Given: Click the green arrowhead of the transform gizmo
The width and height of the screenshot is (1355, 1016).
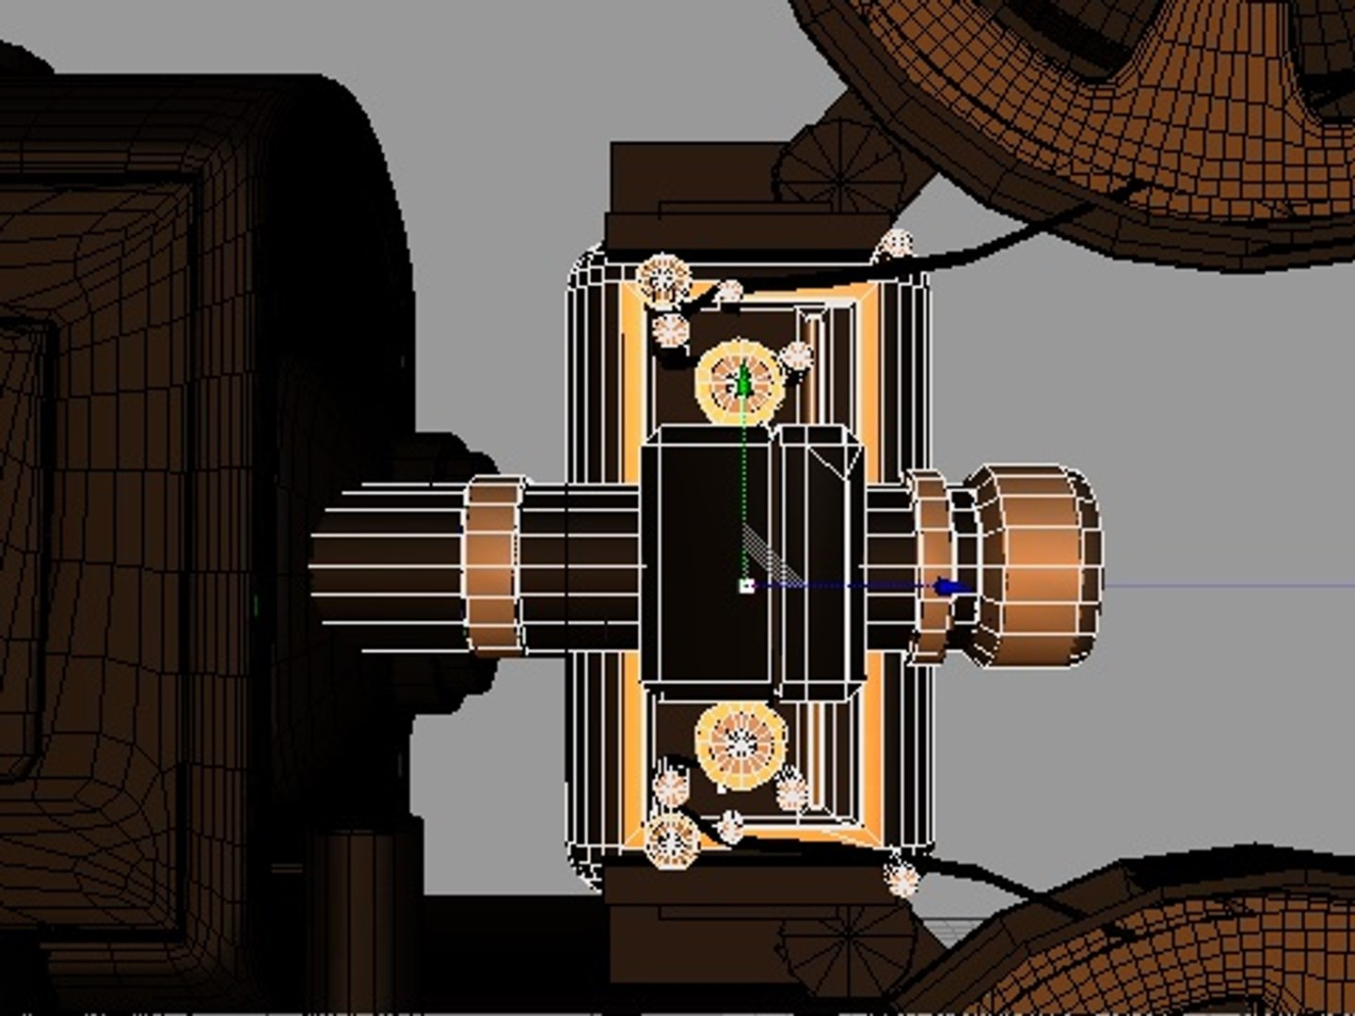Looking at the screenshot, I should point(744,381).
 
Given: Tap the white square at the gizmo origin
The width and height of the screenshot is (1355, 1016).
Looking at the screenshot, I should point(746,586).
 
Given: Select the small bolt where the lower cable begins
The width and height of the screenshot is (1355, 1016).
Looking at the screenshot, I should point(901,878).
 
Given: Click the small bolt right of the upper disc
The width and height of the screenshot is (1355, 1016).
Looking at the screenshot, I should point(796,357).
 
